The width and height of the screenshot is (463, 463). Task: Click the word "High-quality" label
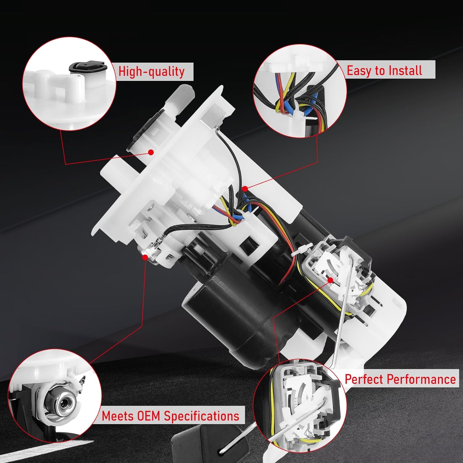pos(152,72)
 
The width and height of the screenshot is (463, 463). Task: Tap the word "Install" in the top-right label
pos(405,70)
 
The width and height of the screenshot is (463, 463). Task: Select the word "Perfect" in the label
pos(364,379)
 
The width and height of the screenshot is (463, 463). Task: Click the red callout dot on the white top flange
pos(151,152)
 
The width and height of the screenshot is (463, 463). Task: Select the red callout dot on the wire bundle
pos(245,188)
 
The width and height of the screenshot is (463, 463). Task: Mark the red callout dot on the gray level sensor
pos(330,280)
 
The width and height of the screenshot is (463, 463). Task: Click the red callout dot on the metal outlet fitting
pos(145,256)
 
